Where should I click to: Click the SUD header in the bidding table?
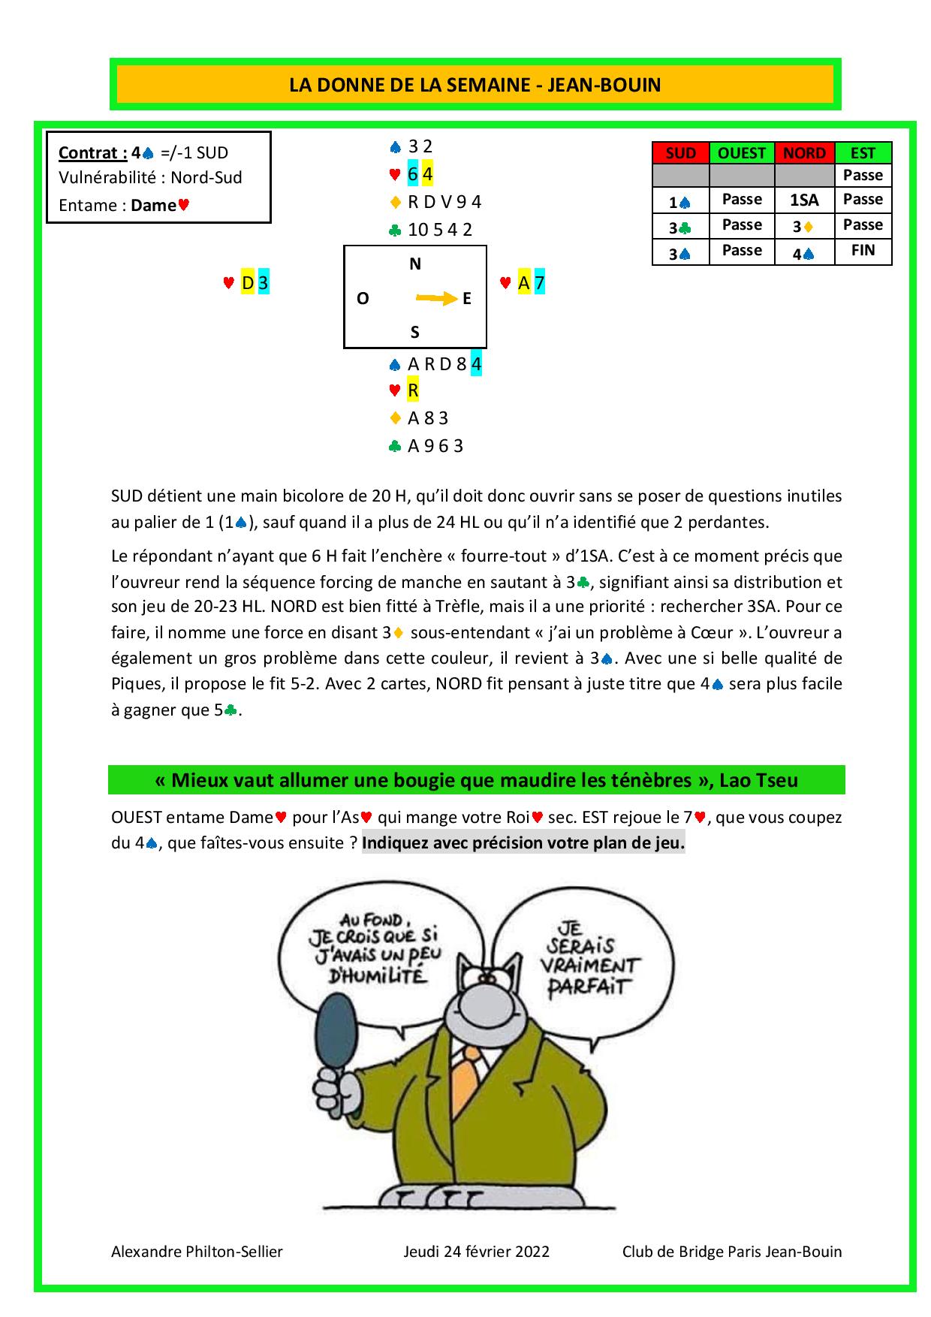coord(680,153)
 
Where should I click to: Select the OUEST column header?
coord(741,153)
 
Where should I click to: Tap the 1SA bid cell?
coord(803,200)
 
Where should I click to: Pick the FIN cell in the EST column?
coord(863,250)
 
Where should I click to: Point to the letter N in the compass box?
coord(415,264)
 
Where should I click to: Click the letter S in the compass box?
coord(414,332)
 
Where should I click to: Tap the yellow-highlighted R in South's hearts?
coord(413,390)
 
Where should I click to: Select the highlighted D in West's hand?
coord(248,283)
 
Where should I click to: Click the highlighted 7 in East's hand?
coord(539,283)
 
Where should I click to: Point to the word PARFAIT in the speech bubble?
coord(586,986)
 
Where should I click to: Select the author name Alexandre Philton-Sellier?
coord(197,1252)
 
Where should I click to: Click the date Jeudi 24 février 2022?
coord(476,1252)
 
